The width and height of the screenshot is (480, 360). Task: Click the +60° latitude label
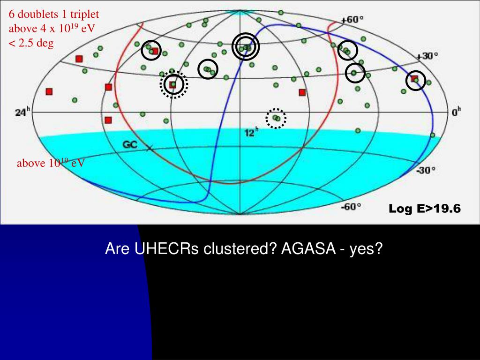click(x=352, y=20)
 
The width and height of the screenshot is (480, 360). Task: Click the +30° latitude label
click(x=428, y=56)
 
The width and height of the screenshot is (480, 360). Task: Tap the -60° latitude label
click(x=351, y=206)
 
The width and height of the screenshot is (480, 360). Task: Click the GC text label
click(x=130, y=145)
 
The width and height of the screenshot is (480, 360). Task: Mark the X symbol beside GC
click(x=150, y=148)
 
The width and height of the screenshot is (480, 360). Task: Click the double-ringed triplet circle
click(x=246, y=47)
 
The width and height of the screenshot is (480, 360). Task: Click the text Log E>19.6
click(x=425, y=209)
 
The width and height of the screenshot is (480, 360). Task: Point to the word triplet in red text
click(x=85, y=14)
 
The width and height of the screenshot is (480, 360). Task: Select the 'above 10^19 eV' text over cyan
click(x=51, y=163)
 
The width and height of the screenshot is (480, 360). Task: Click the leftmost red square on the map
click(x=49, y=92)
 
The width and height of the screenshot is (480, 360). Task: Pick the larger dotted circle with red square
click(x=173, y=85)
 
